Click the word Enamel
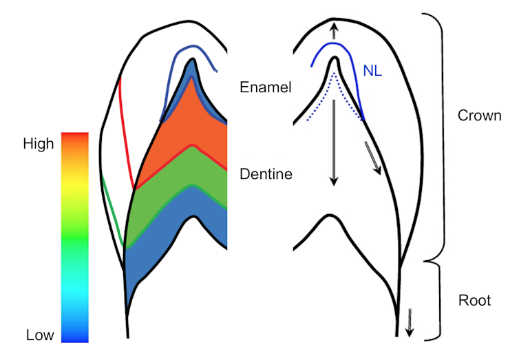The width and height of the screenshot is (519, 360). point(266,87)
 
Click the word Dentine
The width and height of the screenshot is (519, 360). point(266,174)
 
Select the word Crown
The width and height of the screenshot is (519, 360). point(479,115)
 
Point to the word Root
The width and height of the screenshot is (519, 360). point(474,300)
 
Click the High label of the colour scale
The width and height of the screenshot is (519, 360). point(39,145)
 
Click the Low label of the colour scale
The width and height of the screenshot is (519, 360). point(40,335)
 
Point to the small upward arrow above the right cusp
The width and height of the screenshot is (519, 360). point(335,30)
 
